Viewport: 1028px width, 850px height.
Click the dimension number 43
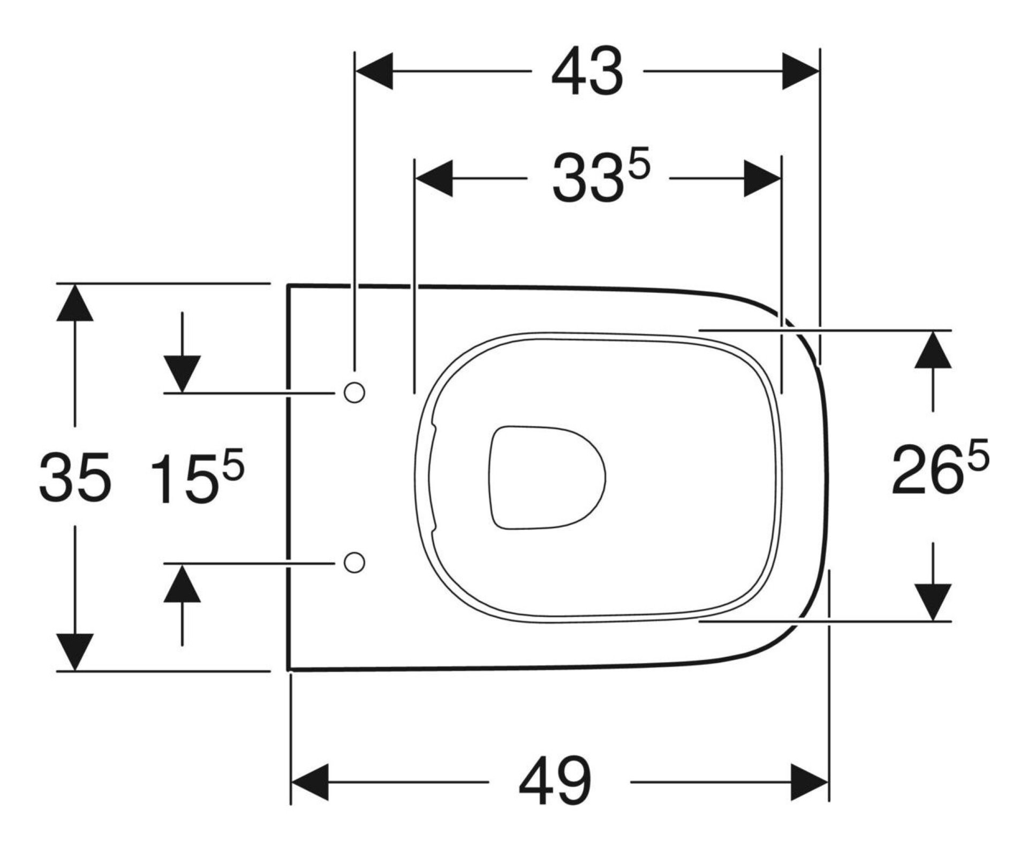[x=587, y=72]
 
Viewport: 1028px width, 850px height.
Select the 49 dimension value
[x=555, y=782]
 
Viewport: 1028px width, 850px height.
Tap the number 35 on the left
[x=75, y=477]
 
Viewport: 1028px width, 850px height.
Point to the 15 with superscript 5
[x=196, y=477]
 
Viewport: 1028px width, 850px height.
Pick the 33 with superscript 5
[x=600, y=177]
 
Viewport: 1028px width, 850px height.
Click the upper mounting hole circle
[x=354, y=392]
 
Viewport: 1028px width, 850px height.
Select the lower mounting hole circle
[x=354, y=563]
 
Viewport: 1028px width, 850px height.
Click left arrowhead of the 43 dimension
[x=375, y=71]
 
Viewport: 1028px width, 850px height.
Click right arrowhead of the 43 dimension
[x=800, y=71]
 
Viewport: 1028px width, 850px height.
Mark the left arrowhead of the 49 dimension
[x=309, y=782]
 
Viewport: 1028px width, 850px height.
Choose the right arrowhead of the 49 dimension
[x=810, y=782]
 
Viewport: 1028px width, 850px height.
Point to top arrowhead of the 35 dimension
[x=75, y=303]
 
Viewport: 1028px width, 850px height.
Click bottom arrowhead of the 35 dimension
[x=75, y=651]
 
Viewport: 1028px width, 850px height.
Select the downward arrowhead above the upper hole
[x=182, y=374]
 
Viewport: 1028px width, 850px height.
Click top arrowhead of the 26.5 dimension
[x=933, y=350]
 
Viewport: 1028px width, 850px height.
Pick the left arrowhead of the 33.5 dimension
[x=434, y=178]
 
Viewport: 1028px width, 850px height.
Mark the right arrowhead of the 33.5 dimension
[x=762, y=178]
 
